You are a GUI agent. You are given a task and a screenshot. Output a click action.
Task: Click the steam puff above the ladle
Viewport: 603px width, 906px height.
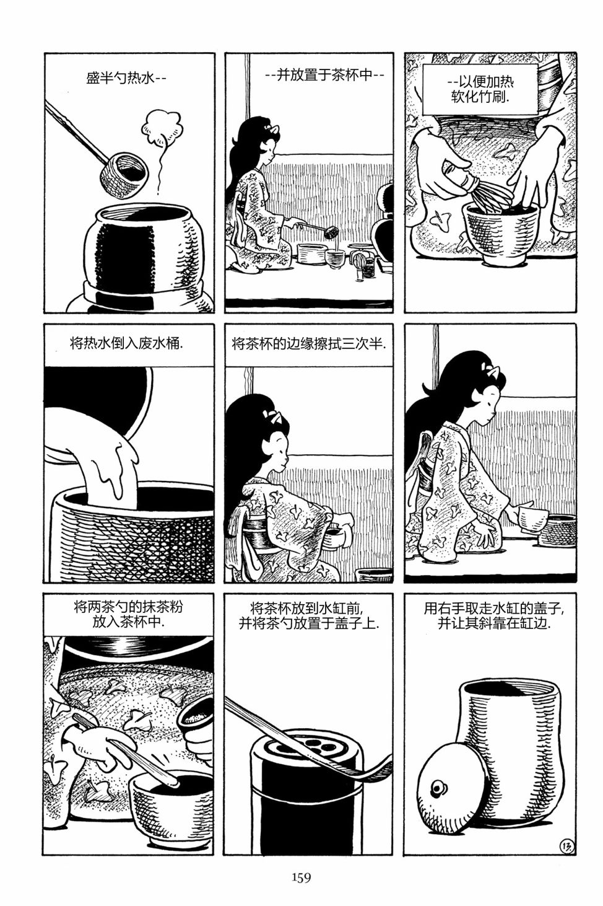coord(162,124)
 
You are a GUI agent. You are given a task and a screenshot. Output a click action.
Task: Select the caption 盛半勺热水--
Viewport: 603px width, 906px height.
coord(126,77)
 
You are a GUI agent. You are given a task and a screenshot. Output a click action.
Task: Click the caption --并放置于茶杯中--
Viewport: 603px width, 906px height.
coord(324,75)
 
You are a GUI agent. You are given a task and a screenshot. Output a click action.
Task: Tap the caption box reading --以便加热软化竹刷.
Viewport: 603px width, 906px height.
coord(480,89)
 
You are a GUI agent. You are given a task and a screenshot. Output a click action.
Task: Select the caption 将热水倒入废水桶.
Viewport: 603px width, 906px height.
coord(127,345)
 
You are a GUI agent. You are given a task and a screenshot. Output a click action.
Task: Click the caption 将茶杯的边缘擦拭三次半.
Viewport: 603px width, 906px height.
coord(309,345)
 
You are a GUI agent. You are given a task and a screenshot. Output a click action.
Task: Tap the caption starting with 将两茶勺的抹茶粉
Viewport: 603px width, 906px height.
coord(128,614)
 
